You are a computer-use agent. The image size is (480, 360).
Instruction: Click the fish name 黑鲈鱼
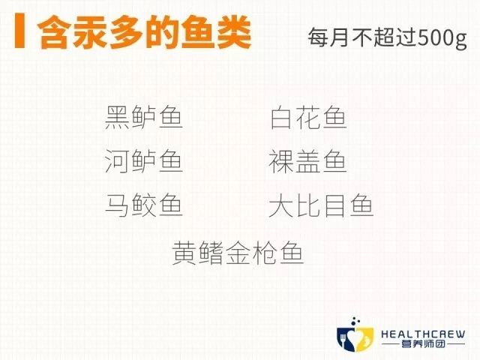(144, 118)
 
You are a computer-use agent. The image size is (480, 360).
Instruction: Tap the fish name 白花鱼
(308, 118)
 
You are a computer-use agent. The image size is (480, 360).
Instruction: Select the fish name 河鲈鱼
(144, 161)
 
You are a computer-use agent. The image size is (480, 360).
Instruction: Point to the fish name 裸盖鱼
(308, 161)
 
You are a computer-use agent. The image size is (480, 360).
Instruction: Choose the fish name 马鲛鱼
(144, 205)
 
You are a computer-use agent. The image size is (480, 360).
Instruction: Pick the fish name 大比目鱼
(321, 205)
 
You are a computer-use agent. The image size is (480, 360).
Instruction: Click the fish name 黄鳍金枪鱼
(238, 253)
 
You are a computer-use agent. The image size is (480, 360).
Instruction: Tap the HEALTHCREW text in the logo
(422, 334)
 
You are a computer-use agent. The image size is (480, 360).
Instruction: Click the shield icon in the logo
(355, 338)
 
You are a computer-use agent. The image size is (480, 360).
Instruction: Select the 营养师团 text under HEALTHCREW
(422, 346)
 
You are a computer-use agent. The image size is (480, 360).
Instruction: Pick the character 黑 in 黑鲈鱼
(118, 118)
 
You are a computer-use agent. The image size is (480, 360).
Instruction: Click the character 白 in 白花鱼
(282, 118)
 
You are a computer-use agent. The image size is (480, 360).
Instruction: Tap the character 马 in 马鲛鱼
(118, 205)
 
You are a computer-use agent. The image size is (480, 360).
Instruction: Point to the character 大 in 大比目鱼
(282, 205)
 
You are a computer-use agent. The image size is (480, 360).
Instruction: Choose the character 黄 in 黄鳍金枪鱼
(186, 253)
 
